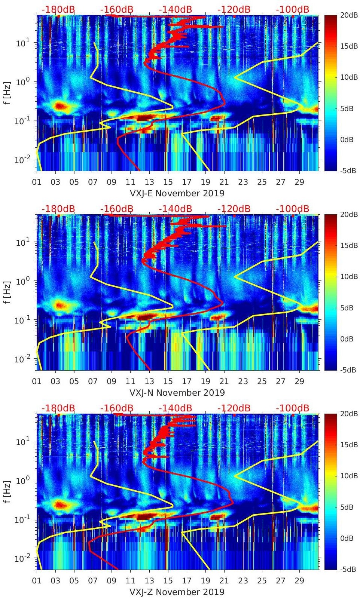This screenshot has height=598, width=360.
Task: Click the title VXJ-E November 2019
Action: click(x=177, y=193)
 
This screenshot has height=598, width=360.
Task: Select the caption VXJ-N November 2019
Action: click(x=177, y=393)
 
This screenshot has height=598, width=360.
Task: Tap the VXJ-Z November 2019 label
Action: click(x=177, y=592)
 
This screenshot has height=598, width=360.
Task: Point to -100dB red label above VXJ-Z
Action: click(x=292, y=408)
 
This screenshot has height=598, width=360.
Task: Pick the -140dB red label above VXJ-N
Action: click(x=175, y=209)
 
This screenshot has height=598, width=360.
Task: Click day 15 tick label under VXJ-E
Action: click(x=168, y=182)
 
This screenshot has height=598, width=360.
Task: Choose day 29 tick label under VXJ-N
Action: click(x=299, y=381)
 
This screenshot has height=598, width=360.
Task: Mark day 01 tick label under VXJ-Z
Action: click(x=37, y=581)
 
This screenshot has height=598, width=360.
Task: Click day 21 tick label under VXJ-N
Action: click(x=224, y=381)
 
